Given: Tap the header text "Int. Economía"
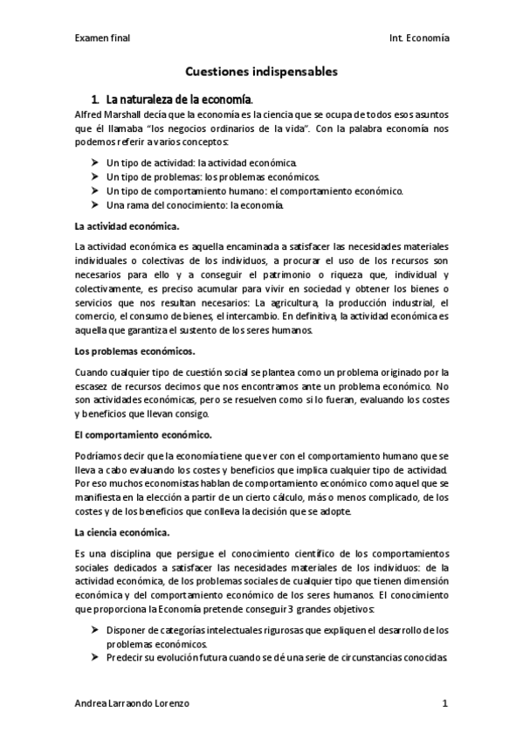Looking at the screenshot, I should tap(420, 38).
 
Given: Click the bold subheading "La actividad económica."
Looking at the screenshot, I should tap(127, 226).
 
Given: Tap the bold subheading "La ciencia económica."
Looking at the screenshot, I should tap(122, 530).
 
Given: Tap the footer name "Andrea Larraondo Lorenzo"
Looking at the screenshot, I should tap(131, 703).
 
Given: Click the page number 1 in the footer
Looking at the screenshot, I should tap(444, 703).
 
